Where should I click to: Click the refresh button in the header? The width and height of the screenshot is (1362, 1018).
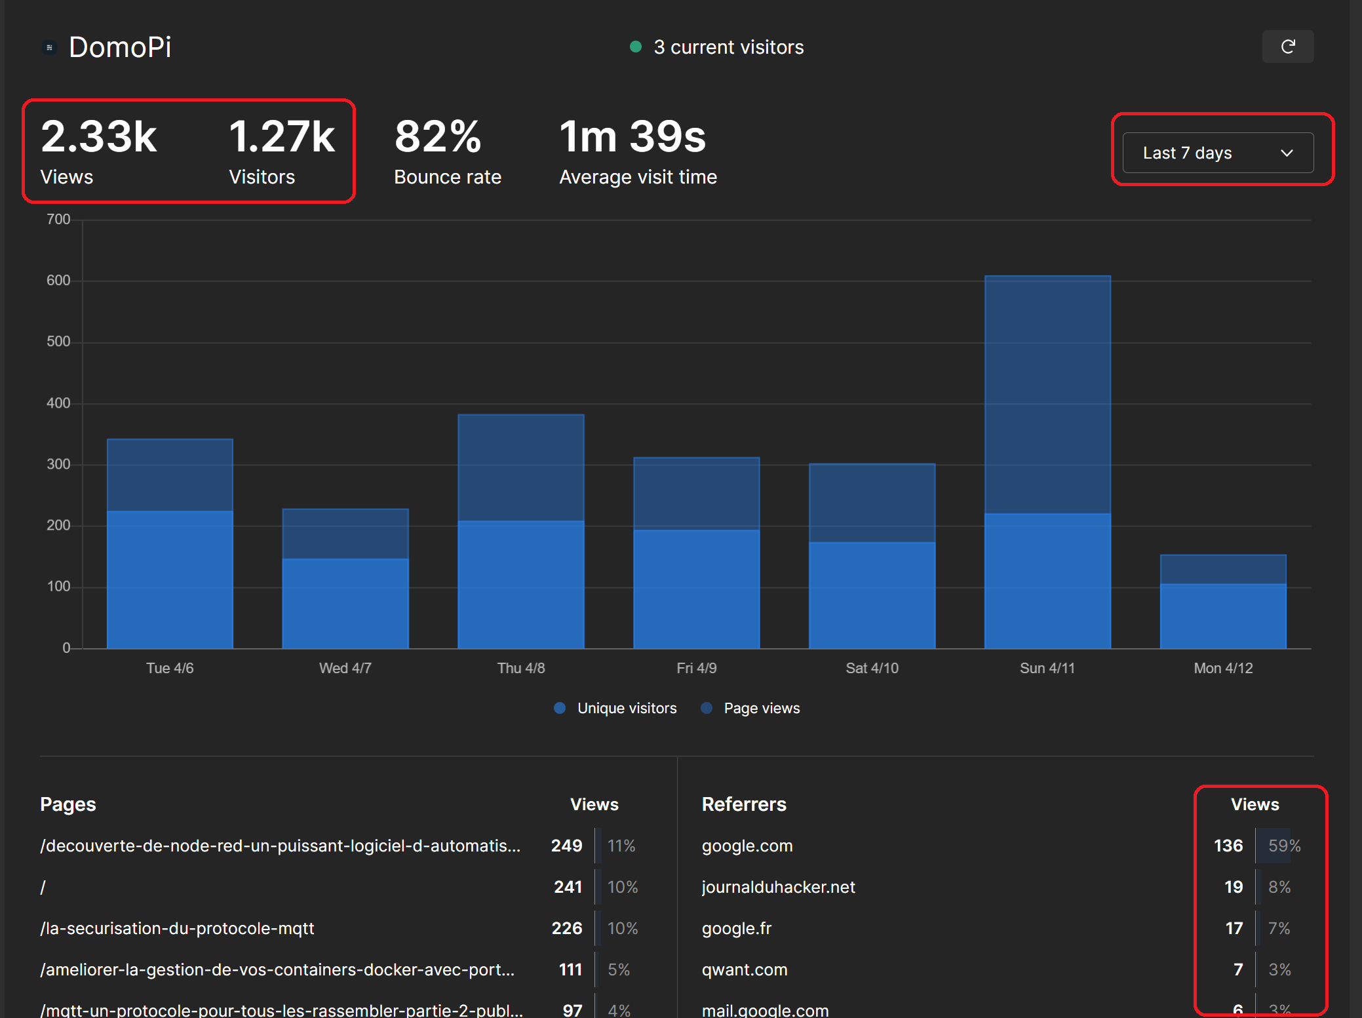tap(1287, 47)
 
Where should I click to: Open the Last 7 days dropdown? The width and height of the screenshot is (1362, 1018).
tap(1217, 153)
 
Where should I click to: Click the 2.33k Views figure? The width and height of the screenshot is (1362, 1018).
tap(98, 136)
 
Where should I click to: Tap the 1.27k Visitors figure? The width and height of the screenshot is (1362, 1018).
tap(282, 136)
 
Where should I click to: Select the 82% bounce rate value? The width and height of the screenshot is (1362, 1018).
tap(438, 136)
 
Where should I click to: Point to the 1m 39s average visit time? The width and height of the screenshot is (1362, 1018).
tap(632, 136)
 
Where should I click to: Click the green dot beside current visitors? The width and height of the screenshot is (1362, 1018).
tap(635, 47)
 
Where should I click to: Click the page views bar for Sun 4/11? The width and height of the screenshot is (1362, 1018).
tap(1047, 393)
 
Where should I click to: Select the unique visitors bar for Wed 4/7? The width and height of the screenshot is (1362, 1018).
tap(345, 603)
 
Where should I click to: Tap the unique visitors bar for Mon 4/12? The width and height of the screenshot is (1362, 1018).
tap(1222, 616)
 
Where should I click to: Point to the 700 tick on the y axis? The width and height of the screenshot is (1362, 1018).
tap(58, 220)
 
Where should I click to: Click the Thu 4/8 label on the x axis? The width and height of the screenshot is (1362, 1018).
tap(521, 668)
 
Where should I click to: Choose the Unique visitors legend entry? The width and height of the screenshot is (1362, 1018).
tap(626, 708)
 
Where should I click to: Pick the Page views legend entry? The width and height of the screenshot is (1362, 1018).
tap(761, 708)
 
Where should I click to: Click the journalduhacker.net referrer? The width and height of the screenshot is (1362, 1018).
tap(778, 887)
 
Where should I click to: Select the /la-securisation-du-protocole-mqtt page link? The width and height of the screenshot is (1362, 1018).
tap(177, 928)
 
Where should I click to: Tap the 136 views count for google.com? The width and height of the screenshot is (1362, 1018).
tap(1228, 846)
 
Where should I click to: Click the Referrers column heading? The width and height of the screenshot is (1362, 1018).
tap(744, 804)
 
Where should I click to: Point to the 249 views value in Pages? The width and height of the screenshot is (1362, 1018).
tap(566, 846)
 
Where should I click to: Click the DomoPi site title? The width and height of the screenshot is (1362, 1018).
tap(120, 47)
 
